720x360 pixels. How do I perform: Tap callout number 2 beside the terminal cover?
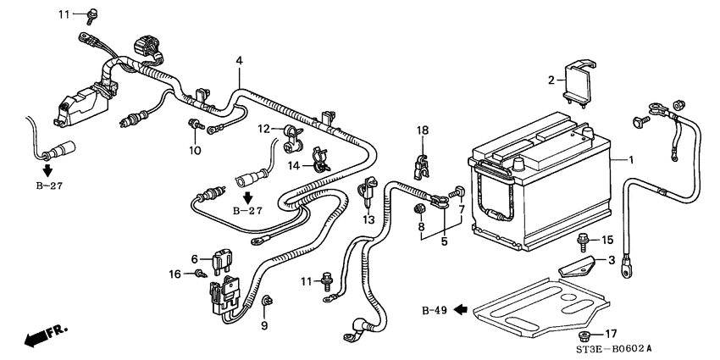tap(551, 80)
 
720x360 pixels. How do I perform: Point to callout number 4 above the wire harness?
tap(240, 61)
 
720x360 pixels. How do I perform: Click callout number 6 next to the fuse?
tap(194, 259)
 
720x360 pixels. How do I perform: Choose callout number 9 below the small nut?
tap(263, 324)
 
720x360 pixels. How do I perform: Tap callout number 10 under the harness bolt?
tap(194, 151)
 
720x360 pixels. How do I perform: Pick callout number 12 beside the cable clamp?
tap(264, 129)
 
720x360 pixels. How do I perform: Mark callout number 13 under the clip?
tap(368, 219)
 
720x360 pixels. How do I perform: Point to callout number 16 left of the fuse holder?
tap(174, 274)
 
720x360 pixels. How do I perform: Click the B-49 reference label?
tap(434, 310)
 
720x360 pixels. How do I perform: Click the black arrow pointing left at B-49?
tap(461, 310)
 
